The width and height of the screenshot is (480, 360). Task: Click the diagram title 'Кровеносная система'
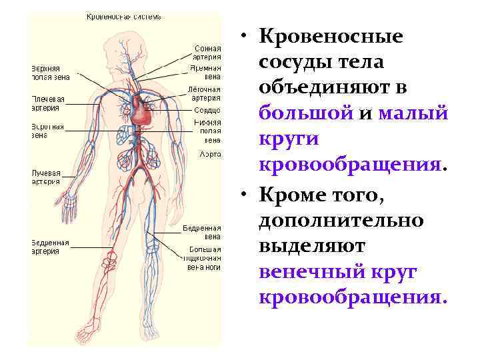123,16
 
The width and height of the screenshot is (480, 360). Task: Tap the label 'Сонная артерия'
207,52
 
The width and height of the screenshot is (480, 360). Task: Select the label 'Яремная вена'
207,72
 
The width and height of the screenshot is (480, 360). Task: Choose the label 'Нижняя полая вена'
207,131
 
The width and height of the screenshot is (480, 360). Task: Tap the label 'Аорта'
211,153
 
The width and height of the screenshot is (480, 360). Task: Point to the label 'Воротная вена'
47,130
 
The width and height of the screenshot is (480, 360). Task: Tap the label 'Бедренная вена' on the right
202,231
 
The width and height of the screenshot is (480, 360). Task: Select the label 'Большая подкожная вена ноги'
203,259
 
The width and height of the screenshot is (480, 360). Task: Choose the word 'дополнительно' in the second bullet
341,220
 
